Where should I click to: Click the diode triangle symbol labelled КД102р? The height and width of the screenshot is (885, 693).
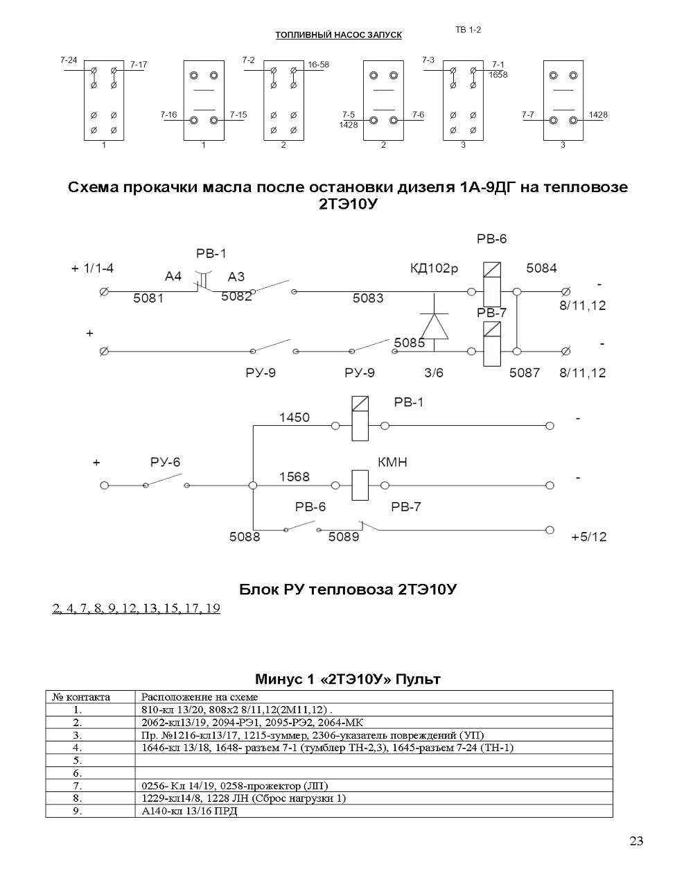435,326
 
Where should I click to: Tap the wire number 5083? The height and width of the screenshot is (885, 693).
368,298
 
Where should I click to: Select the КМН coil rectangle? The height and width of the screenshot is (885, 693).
360,485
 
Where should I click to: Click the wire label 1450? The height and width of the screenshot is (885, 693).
295,417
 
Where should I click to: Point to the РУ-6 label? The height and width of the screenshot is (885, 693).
165,462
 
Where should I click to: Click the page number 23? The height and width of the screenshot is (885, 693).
636,841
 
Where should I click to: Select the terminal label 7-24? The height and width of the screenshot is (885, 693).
69,60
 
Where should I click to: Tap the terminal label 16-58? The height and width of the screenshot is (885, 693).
318,65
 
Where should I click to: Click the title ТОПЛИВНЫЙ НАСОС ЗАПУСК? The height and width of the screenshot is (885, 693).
339,35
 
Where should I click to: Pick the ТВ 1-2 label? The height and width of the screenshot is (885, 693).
468,30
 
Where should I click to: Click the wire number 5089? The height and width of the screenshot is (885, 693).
344,536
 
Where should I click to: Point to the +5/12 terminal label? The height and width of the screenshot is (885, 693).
589,537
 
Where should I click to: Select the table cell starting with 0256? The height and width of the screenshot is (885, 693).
234,786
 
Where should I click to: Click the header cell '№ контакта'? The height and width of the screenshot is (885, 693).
81,697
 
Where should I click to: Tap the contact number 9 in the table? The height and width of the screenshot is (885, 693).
78,811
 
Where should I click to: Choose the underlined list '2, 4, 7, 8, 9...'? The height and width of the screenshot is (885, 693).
137,608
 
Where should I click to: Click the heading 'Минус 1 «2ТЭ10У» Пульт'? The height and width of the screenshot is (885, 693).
348,679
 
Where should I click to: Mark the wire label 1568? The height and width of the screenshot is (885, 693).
295,476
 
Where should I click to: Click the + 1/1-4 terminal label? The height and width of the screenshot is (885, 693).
92,268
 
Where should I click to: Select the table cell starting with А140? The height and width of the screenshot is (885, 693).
189,811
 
